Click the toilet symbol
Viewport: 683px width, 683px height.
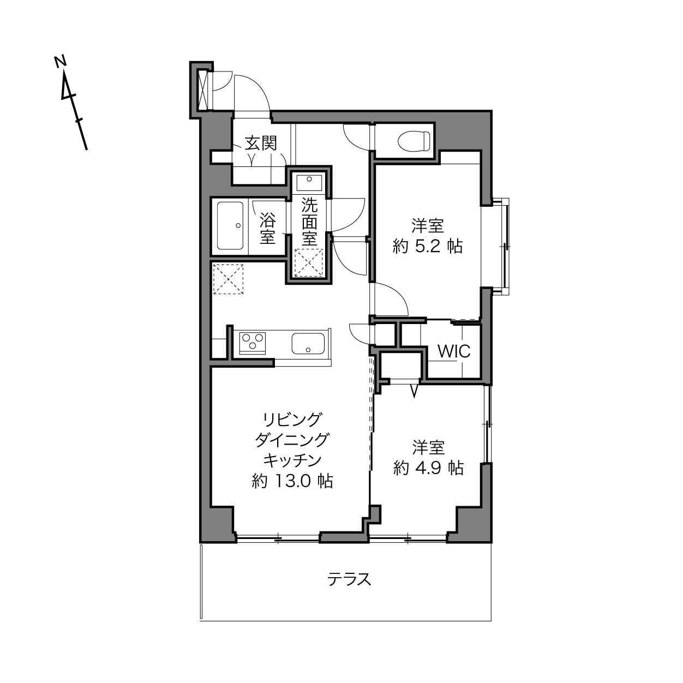pyautogui.click(x=414, y=141)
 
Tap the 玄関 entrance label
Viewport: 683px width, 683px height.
pyautogui.click(x=261, y=143)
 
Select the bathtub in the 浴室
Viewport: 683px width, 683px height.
pyautogui.click(x=230, y=226)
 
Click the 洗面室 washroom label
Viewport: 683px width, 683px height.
pyautogui.click(x=309, y=221)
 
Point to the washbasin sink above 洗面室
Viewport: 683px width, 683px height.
pyautogui.click(x=309, y=183)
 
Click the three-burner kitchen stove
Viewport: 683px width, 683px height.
pyautogui.click(x=253, y=343)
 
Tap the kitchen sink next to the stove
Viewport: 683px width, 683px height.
pyautogui.click(x=308, y=344)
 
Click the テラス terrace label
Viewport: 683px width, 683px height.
pyautogui.click(x=349, y=579)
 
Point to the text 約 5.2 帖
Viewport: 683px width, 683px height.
pyautogui.click(x=428, y=245)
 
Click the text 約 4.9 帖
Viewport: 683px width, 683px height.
pyautogui.click(x=428, y=468)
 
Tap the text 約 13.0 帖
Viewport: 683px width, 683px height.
pyautogui.click(x=292, y=481)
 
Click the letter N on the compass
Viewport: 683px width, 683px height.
pyautogui.click(x=61, y=61)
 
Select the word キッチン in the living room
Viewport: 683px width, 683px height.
pyautogui.click(x=292, y=460)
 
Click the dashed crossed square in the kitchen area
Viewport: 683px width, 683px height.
pyautogui.click(x=228, y=279)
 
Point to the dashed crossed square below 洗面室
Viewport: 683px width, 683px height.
pyautogui.click(x=309, y=262)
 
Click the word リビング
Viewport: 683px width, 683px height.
pyautogui.click(x=291, y=420)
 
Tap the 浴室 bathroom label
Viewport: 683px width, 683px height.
pyautogui.click(x=268, y=228)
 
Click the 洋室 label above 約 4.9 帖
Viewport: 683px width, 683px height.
pyautogui.click(x=428, y=447)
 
